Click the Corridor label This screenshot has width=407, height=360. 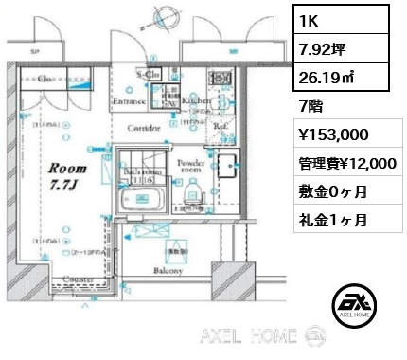144,127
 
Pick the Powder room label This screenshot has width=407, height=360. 192,167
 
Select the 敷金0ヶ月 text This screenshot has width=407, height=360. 328,192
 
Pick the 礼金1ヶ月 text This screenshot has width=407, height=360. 328,220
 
